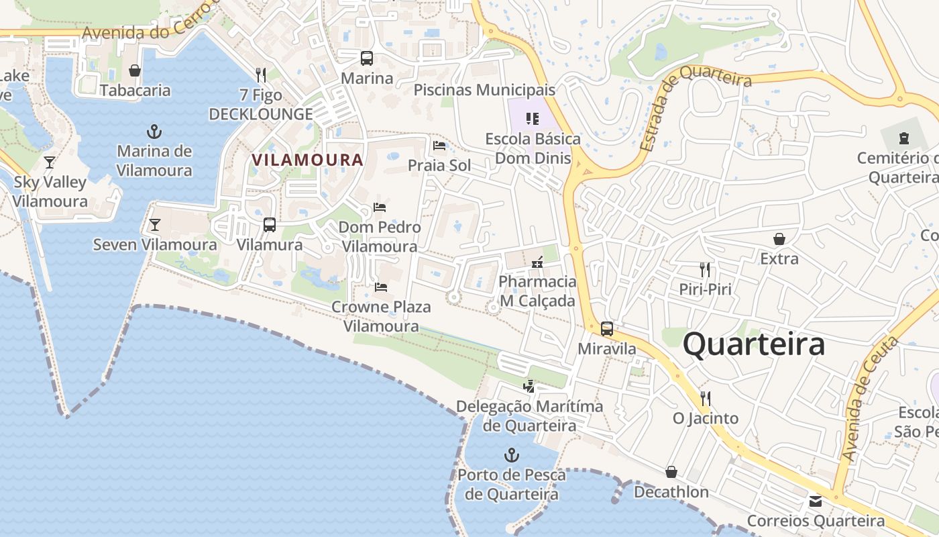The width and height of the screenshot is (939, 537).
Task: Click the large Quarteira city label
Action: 754,345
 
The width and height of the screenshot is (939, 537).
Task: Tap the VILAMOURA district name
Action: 307,160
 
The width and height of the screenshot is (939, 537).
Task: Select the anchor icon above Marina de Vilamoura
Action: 154,131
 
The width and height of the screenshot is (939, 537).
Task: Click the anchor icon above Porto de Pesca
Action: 512,455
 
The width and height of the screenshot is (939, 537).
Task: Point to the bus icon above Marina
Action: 366,58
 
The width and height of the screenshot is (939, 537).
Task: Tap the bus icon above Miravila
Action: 607,329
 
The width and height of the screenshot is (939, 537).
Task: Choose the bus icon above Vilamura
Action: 270,225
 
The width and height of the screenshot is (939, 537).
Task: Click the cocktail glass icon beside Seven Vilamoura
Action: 155,225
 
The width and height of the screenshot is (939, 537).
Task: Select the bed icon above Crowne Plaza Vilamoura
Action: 381,287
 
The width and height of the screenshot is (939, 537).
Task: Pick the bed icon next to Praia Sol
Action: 439,145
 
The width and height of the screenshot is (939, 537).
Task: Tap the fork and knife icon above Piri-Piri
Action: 705,270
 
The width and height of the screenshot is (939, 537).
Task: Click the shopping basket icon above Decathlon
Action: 671,472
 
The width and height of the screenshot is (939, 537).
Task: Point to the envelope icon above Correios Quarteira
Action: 815,501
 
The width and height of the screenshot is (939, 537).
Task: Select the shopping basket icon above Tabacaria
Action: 135,70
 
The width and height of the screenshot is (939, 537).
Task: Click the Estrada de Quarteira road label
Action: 694,101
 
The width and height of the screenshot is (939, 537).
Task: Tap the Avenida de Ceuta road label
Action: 870,399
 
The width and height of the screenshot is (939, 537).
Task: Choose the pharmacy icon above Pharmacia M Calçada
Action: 537,262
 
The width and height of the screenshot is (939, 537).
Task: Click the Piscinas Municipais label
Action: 484,90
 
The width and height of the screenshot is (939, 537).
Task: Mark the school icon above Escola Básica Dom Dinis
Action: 533,119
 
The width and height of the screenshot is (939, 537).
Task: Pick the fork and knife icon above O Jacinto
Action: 705,399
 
